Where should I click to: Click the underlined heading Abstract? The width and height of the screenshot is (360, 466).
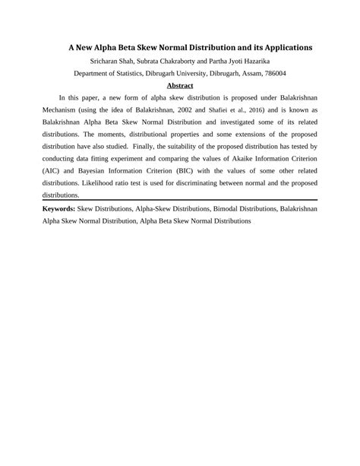[x=180, y=86]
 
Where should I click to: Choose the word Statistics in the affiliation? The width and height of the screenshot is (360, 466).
[x=141, y=73]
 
